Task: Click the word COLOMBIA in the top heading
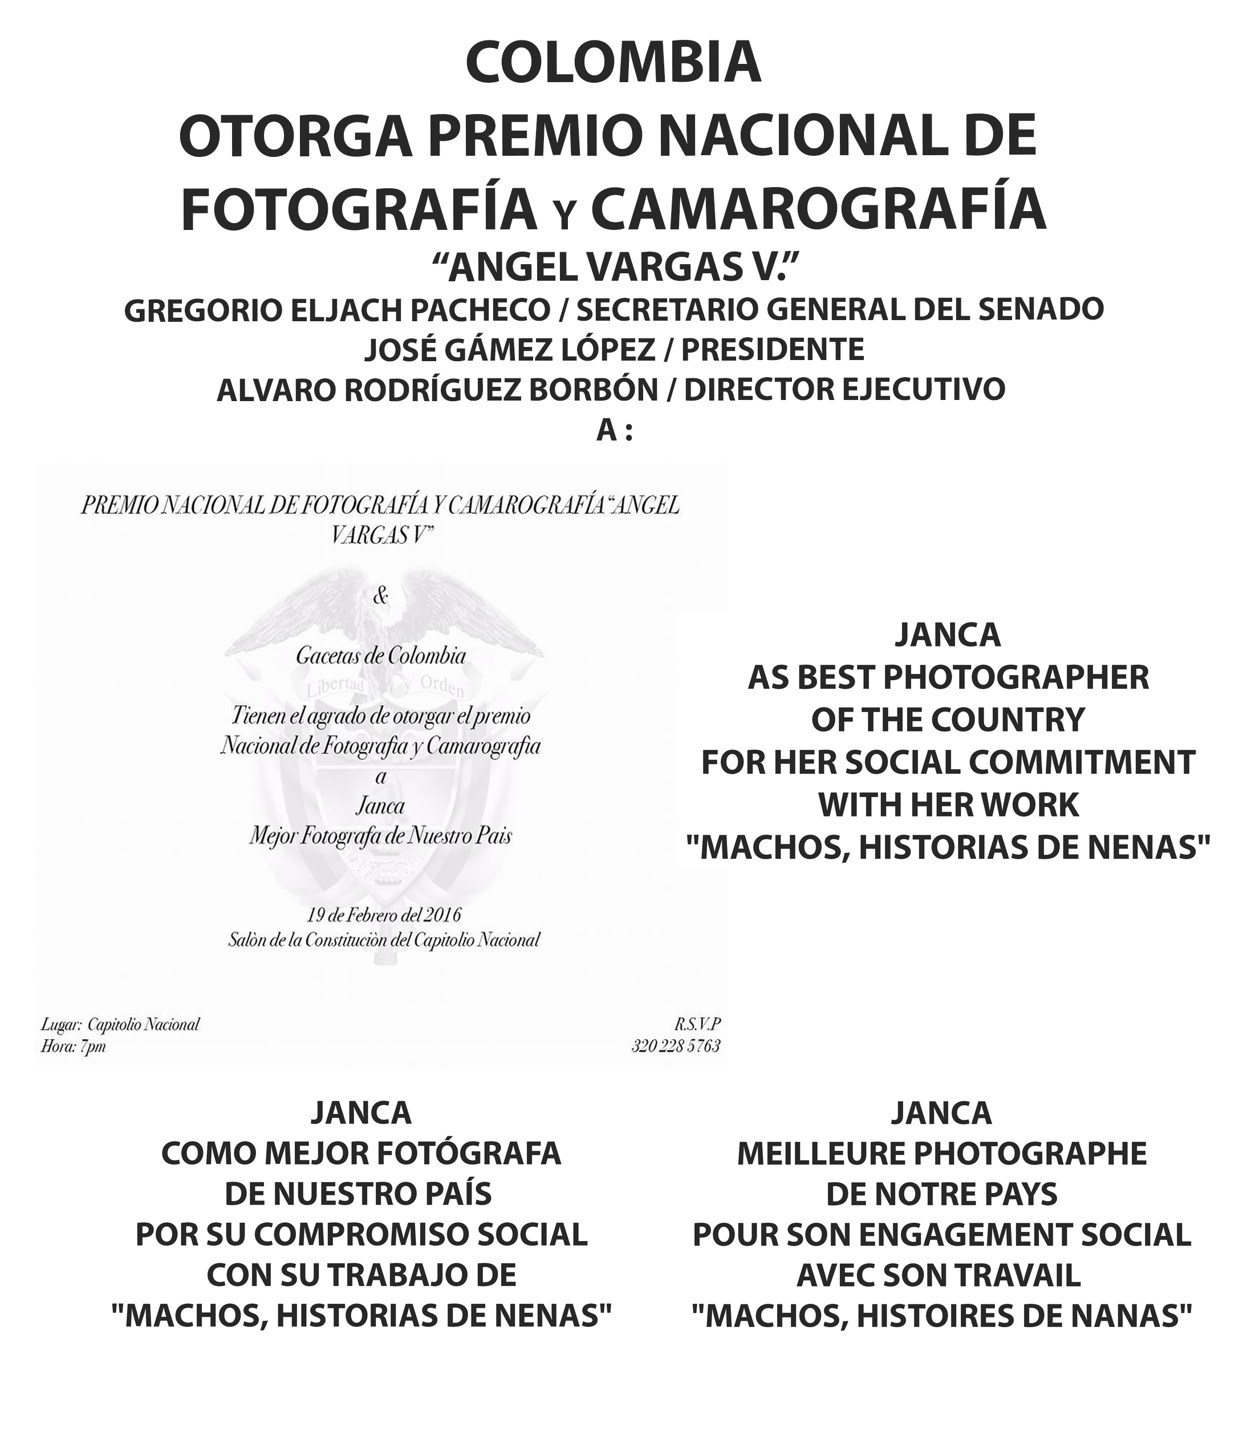coord(613,63)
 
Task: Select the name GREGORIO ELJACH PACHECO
coord(337,310)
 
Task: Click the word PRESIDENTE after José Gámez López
coord(772,349)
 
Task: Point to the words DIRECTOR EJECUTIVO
coord(844,389)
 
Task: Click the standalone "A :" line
coord(614,430)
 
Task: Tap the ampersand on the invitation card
coord(380,596)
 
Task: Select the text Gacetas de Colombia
coord(380,656)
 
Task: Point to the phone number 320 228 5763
coord(675,1046)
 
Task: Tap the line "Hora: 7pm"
coord(73,1046)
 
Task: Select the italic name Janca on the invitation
coord(380,806)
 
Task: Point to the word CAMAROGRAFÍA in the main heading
coord(818,210)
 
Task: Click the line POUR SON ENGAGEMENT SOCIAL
coord(941,1235)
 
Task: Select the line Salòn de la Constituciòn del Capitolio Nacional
coord(383,940)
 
